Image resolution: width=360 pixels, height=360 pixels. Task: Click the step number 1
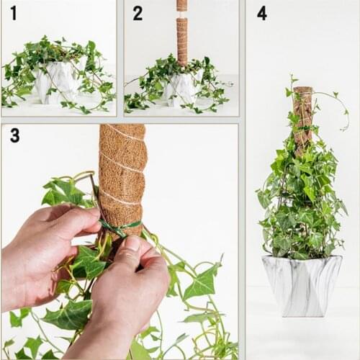click(13, 12)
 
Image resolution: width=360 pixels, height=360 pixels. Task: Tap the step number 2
click(137, 12)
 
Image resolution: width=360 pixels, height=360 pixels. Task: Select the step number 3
click(14, 135)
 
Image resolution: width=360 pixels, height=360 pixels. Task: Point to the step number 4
click(261, 12)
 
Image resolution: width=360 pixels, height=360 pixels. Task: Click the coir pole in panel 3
click(122, 173)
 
